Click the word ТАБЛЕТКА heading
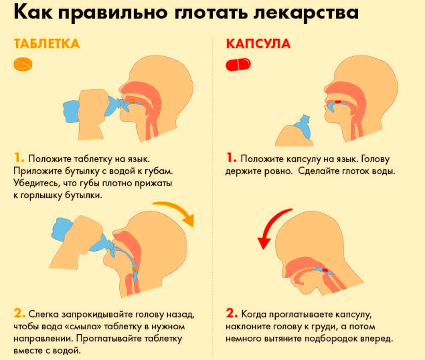pos(46,44)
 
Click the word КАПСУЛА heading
pos(258,44)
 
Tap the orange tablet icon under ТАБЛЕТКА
pos(23,64)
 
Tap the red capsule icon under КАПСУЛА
pos(238,64)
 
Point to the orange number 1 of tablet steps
pos(19,158)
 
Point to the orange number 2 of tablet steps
pos(20,313)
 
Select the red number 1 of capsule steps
pos(231,158)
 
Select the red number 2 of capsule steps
pos(232,313)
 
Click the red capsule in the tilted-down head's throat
pos(325,270)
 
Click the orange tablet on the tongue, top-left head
pos(132,101)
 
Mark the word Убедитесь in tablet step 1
pos(37,183)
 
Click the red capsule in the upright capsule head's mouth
pos(338,102)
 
